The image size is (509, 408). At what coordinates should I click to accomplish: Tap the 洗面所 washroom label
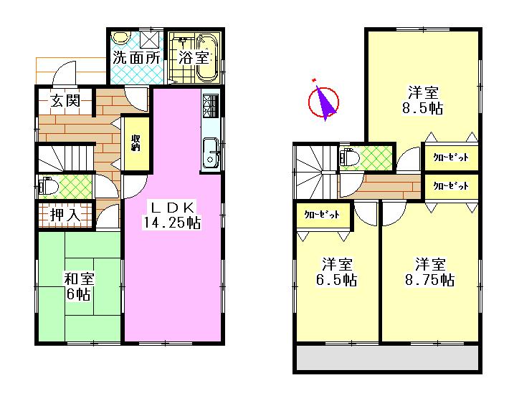pyautogui.click(x=136, y=58)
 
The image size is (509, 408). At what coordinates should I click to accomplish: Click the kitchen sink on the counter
pyautogui.click(x=211, y=152)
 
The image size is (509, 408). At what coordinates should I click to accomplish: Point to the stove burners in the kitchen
pyautogui.click(x=211, y=106)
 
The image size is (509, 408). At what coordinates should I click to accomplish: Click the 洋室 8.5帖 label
pyautogui.click(x=425, y=99)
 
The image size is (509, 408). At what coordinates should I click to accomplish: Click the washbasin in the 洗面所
pyautogui.click(x=122, y=39)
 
